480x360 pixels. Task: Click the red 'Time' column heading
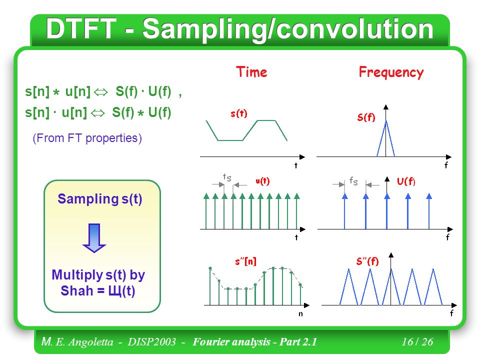tap(251, 72)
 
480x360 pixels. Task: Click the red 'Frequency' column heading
tap(391, 72)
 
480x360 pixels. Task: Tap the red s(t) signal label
tap(239, 113)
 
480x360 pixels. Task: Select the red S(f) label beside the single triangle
tap(366, 117)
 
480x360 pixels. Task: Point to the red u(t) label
tap(262, 181)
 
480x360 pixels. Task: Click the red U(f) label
tap(406, 181)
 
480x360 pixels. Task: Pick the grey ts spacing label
tap(227, 177)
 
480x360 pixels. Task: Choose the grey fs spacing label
tap(353, 181)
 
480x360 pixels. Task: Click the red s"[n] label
tap(245, 261)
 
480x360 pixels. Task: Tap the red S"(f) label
tap(367, 261)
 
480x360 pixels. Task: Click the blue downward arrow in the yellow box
tap(94, 238)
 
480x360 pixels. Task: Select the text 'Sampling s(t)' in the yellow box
tap(100, 199)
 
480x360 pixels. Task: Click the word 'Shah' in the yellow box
tap(77, 290)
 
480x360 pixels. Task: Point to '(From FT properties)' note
tap(87, 138)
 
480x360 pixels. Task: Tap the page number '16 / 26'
tap(417, 341)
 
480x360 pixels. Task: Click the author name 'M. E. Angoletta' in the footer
tap(77, 341)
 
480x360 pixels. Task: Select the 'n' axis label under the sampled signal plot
tap(300, 314)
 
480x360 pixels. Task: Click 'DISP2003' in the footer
tap(152, 341)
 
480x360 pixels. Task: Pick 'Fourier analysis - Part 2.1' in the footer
tap(254, 341)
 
